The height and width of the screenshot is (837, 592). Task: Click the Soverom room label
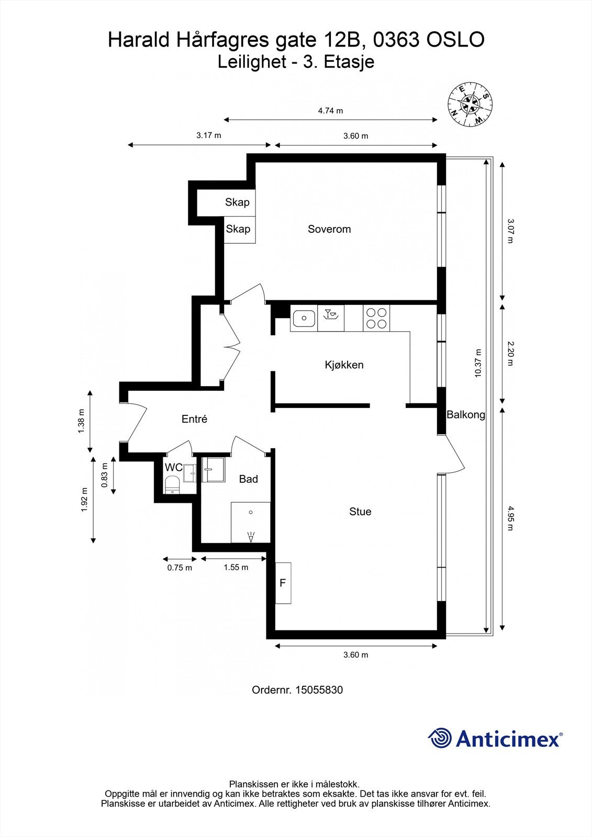click(x=329, y=229)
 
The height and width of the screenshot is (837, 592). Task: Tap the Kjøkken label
click(x=344, y=365)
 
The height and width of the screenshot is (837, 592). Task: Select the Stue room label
click(x=360, y=512)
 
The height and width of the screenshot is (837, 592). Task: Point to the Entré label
click(x=194, y=419)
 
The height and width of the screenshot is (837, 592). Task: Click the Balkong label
click(x=466, y=414)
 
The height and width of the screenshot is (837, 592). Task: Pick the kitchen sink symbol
click(x=304, y=319)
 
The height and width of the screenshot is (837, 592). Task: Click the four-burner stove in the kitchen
click(x=376, y=318)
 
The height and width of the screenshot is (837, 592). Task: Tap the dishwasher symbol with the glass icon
click(x=331, y=318)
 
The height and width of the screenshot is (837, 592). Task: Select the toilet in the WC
click(x=172, y=484)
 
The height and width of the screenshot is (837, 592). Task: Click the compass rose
click(x=470, y=104)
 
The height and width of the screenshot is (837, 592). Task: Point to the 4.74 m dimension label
click(x=330, y=110)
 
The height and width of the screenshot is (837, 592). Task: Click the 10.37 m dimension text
click(x=477, y=363)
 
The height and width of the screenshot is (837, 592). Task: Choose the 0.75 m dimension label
click(x=180, y=568)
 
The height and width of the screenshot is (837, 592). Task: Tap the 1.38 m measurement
click(x=81, y=421)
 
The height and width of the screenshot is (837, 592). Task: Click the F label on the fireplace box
click(x=283, y=583)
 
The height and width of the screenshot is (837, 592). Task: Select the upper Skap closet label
click(x=237, y=202)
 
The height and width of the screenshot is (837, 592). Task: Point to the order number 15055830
click(x=319, y=690)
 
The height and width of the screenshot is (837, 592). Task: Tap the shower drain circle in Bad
click(x=251, y=512)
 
